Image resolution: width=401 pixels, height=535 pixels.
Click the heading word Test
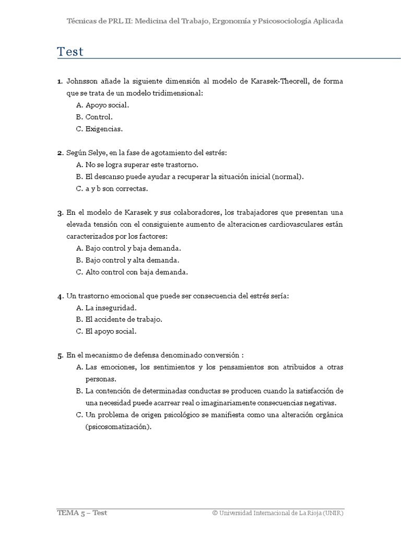70,52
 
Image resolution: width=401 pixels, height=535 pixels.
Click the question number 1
60,82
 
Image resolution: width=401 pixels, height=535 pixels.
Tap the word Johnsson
83,82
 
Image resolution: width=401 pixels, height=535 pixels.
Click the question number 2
60,153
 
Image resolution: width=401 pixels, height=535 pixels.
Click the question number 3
60,213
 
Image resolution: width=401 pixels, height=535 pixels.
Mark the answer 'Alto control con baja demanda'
136,272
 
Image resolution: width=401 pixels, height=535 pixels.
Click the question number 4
60,296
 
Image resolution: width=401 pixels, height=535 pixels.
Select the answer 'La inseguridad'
111,308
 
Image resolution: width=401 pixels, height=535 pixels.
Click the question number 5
60,355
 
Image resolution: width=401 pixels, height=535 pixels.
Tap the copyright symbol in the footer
215,513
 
